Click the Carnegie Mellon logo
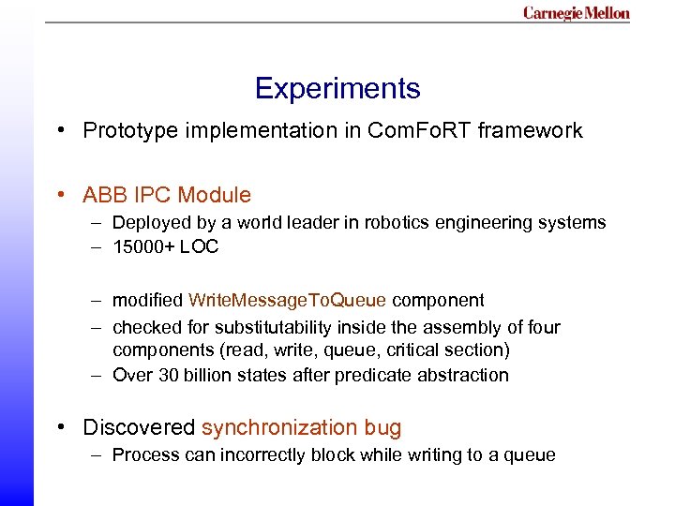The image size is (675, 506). click(x=576, y=13)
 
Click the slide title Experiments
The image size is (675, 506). click(x=337, y=89)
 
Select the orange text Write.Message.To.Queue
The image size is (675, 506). click(x=287, y=301)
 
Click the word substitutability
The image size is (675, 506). click(x=281, y=327)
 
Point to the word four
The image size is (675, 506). click(x=544, y=327)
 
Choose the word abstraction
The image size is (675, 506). click(x=465, y=375)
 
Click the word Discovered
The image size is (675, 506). click(x=140, y=427)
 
